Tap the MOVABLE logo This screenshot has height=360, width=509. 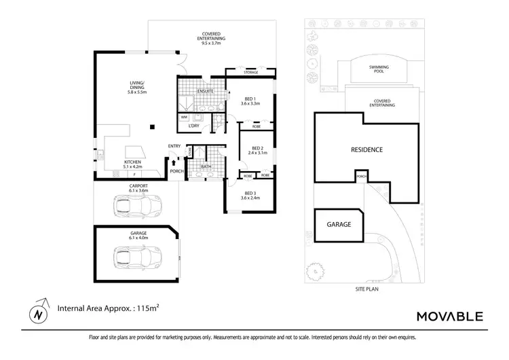tap(449, 316)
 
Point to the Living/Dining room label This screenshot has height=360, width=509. tap(138, 89)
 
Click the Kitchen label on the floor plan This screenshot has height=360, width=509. tap(132, 164)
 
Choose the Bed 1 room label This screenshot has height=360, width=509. tap(252, 101)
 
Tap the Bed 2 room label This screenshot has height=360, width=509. tap(257, 151)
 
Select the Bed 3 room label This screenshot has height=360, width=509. tap(252, 196)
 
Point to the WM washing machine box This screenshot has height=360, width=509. tap(184, 118)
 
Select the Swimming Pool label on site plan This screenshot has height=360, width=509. tap(379, 69)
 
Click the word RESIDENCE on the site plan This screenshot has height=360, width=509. tap(366, 149)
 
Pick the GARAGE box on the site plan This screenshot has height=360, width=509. tap(339, 223)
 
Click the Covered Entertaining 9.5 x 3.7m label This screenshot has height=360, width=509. tap(213, 39)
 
